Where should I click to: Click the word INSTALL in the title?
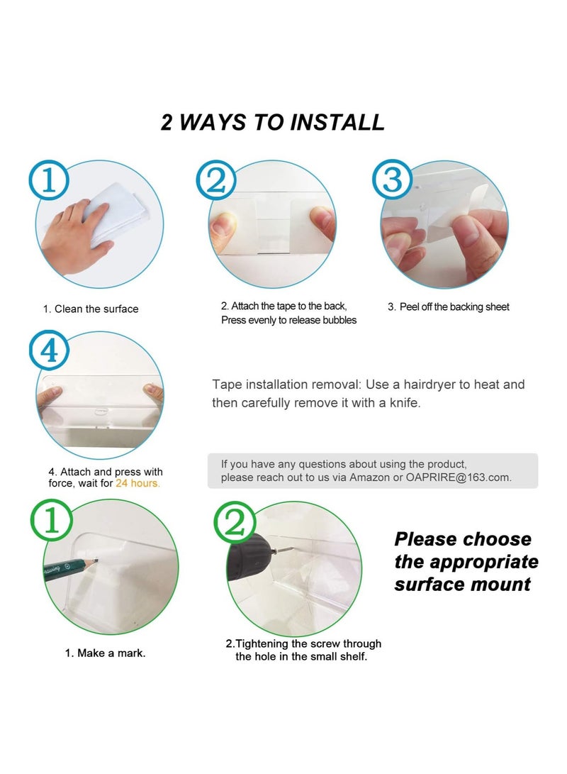[337, 123]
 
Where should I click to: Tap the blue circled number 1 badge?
[48, 180]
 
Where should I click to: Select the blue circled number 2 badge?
[216, 180]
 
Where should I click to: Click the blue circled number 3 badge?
[393, 179]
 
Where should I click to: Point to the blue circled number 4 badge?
[49, 350]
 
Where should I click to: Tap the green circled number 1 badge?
[51, 520]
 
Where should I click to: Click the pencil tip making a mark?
[96, 560]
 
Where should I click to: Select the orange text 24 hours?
[137, 483]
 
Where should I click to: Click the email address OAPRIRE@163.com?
[458, 477]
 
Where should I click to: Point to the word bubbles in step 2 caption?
[339, 320]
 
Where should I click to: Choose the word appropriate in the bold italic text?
[483, 563]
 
